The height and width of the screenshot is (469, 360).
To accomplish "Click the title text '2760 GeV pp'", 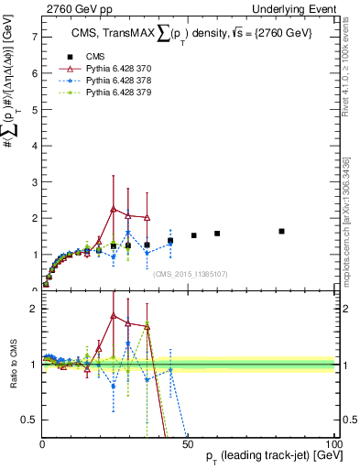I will pos(72,8).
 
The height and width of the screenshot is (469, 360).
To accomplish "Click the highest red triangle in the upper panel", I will pos(113,209).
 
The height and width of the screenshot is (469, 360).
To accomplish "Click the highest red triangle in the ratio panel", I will pos(113,316).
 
